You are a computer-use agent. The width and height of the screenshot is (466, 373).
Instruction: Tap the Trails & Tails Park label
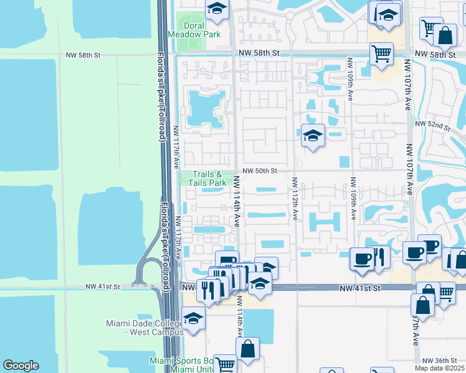209,179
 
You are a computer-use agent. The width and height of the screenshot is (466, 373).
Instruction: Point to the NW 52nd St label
435,126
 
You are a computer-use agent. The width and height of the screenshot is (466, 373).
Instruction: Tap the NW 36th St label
440,361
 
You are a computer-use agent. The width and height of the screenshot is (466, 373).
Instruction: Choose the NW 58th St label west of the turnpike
83,55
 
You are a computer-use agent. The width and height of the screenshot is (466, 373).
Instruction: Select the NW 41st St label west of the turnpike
102,287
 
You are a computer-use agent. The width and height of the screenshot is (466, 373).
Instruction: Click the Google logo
21,366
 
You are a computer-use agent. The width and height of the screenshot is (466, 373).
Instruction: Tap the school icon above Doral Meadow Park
216,9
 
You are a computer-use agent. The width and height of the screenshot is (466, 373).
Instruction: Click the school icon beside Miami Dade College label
193,320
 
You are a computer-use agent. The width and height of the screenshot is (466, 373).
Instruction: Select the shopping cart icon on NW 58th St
381,53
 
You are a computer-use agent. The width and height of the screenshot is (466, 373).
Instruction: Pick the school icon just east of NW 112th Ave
312,135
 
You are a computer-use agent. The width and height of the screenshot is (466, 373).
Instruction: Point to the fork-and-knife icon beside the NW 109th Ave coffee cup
379,256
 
